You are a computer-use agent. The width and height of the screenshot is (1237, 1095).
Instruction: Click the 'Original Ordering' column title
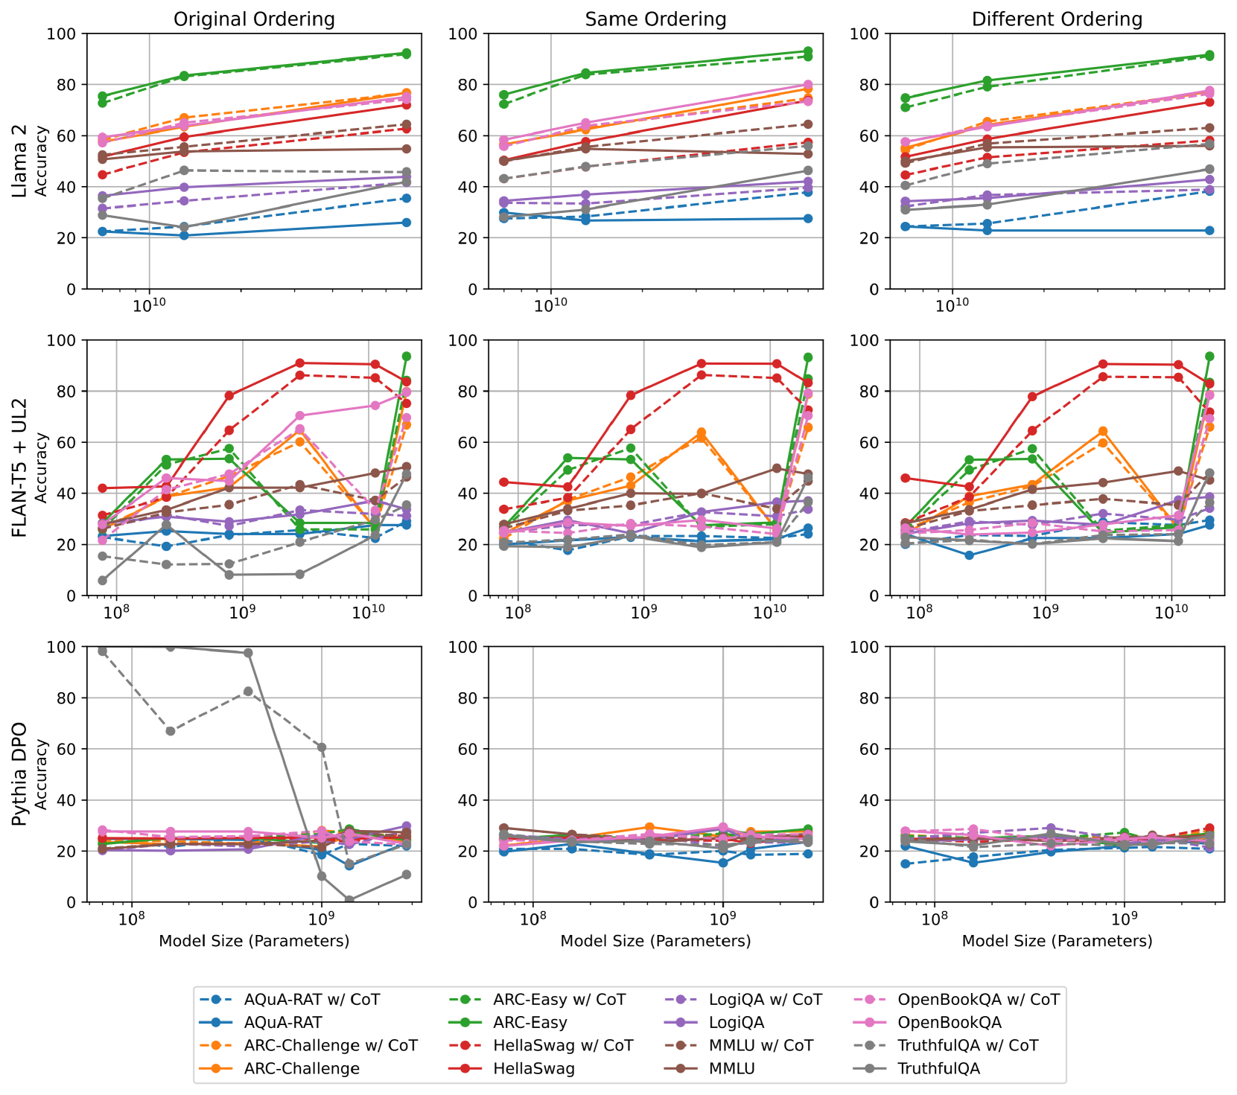[254, 19]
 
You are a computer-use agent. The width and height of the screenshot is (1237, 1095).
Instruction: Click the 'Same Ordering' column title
[655, 19]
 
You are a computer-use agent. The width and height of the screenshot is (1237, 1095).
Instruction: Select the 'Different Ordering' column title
[1057, 19]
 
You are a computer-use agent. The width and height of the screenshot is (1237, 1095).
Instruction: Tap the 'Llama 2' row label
[20, 161]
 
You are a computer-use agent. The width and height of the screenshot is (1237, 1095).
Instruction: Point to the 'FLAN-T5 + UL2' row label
[20, 467]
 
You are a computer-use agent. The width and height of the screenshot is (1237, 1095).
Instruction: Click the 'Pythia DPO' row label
[20, 774]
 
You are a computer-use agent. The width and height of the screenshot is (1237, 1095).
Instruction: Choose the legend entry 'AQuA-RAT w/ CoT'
[311, 1000]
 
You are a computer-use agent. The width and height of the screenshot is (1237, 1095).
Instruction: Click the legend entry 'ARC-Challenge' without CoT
[302, 1068]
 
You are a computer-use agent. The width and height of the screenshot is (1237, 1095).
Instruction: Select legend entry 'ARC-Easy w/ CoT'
[559, 1000]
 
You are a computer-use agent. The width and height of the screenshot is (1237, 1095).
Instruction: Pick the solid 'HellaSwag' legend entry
[533, 1068]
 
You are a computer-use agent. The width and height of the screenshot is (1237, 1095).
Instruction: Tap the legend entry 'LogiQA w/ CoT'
[765, 1000]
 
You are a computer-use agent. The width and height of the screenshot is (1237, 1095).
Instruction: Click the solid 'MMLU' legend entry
[731, 1068]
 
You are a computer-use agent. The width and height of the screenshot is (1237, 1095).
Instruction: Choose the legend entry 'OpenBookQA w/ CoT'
[978, 1000]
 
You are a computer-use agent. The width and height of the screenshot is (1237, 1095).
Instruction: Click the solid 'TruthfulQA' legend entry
[938, 1068]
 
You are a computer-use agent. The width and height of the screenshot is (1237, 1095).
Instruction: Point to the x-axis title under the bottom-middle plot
[655, 941]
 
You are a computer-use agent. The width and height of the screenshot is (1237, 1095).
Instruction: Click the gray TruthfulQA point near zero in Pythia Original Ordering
[349, 900]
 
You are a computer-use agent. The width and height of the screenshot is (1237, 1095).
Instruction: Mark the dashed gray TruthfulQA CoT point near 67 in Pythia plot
[171, 731]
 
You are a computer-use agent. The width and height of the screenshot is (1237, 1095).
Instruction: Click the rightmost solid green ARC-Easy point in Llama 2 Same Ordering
[808, 51]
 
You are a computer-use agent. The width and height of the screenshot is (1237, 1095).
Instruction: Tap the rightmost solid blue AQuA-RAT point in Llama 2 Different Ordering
[1209, 231]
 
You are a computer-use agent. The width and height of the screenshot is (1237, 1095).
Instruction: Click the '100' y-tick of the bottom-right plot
[869, 647]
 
